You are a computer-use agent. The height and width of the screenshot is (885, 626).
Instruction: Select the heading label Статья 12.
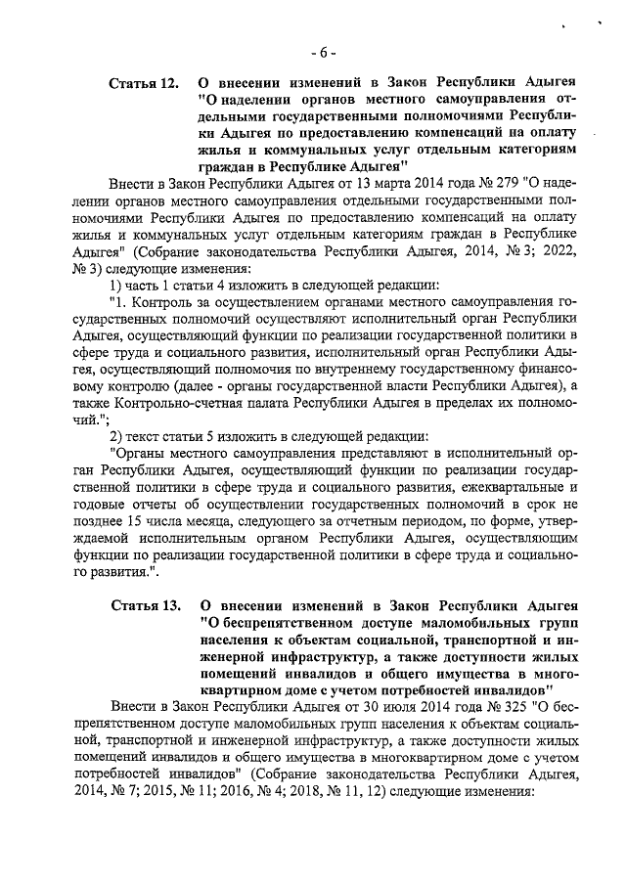tap(144, 83)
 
